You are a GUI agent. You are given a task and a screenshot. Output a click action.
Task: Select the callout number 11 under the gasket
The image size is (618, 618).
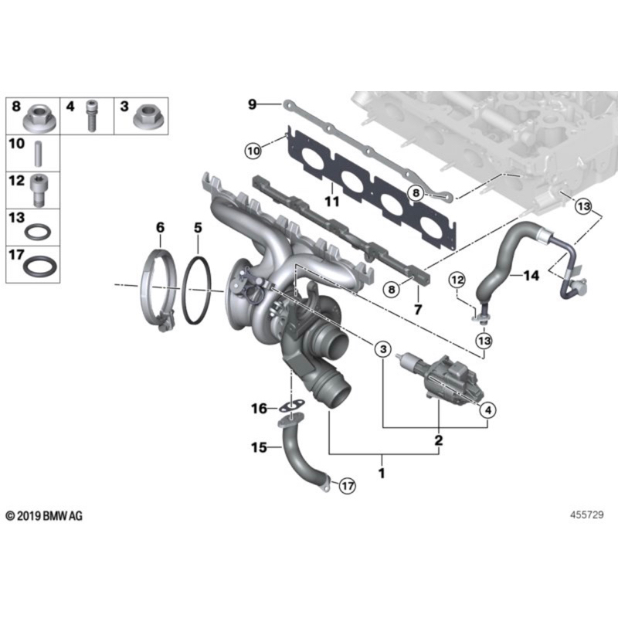pos(331,202)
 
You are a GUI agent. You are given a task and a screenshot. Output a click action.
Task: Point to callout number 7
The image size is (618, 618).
pos(418,310)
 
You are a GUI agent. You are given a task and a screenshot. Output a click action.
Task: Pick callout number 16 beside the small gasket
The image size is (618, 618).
pos(259,407)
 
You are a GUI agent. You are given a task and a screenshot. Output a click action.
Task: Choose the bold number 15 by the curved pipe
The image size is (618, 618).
pos(258,447)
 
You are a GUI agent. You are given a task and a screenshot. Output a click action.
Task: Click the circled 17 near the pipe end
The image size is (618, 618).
pos(347,485)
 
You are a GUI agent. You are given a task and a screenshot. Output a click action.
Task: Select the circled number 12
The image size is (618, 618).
pos(457,279)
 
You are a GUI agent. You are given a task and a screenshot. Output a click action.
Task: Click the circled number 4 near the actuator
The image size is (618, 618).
pos(487,410)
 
